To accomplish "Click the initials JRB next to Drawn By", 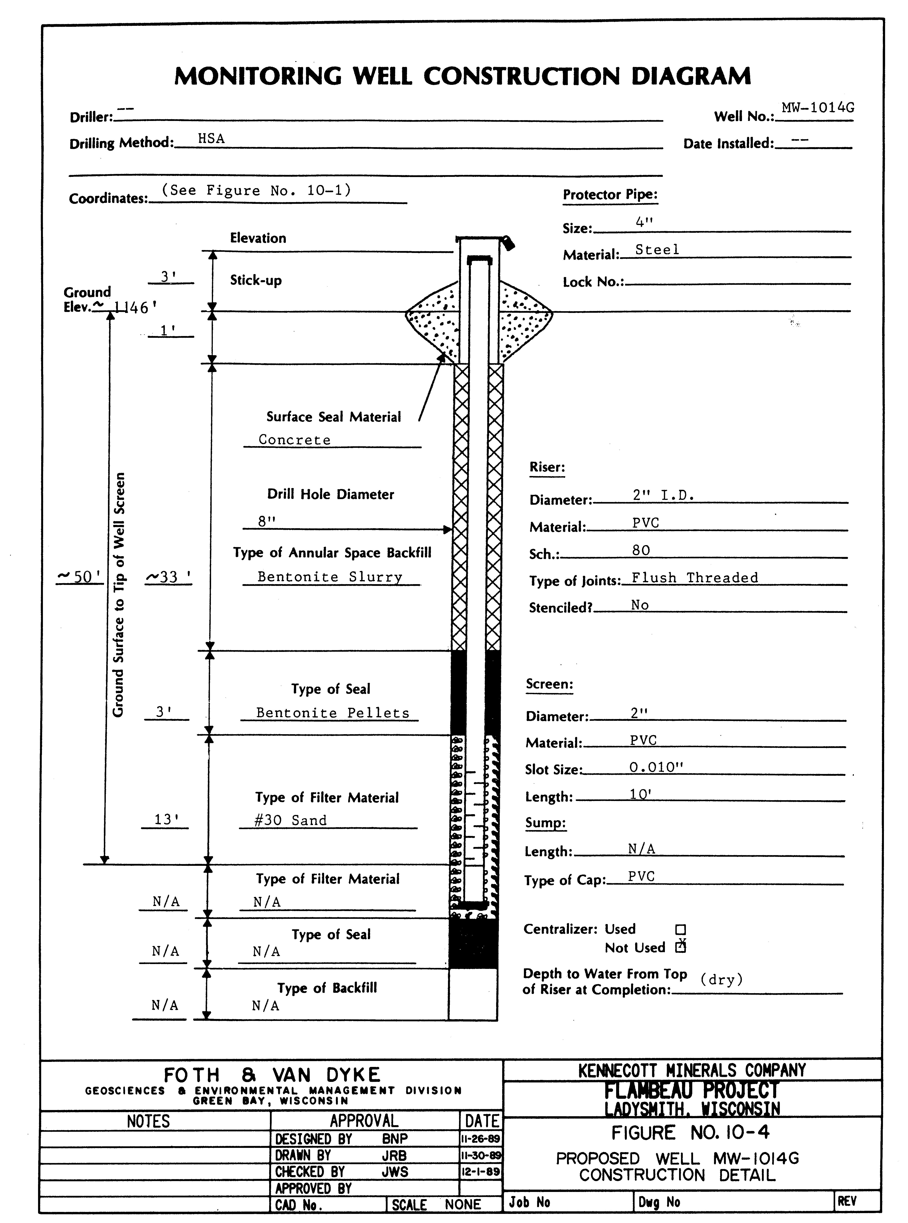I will point(395,1155).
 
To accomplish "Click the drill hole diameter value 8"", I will point(267,521).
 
